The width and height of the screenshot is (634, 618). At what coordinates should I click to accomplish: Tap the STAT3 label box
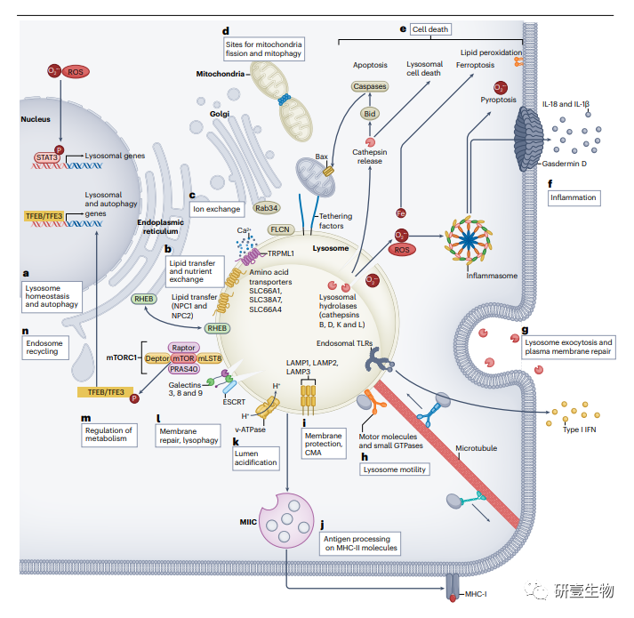point(47,157)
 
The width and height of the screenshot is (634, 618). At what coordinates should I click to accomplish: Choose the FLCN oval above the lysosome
point(281,229)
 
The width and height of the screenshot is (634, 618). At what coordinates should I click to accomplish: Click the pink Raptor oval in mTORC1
point(183,349)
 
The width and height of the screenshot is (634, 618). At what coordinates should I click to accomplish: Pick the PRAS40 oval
point(184,370)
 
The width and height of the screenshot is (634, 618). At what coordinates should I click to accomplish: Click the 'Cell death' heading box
point(430,29)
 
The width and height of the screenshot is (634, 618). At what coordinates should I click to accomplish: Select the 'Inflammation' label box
point(572,197)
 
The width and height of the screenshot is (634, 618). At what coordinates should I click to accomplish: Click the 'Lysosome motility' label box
point(395,470)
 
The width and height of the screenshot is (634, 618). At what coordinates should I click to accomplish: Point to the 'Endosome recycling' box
point(47,346)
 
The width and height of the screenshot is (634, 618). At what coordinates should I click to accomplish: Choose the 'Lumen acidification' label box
point(254,457)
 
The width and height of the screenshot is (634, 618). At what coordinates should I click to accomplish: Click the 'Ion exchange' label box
point(216,209)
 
